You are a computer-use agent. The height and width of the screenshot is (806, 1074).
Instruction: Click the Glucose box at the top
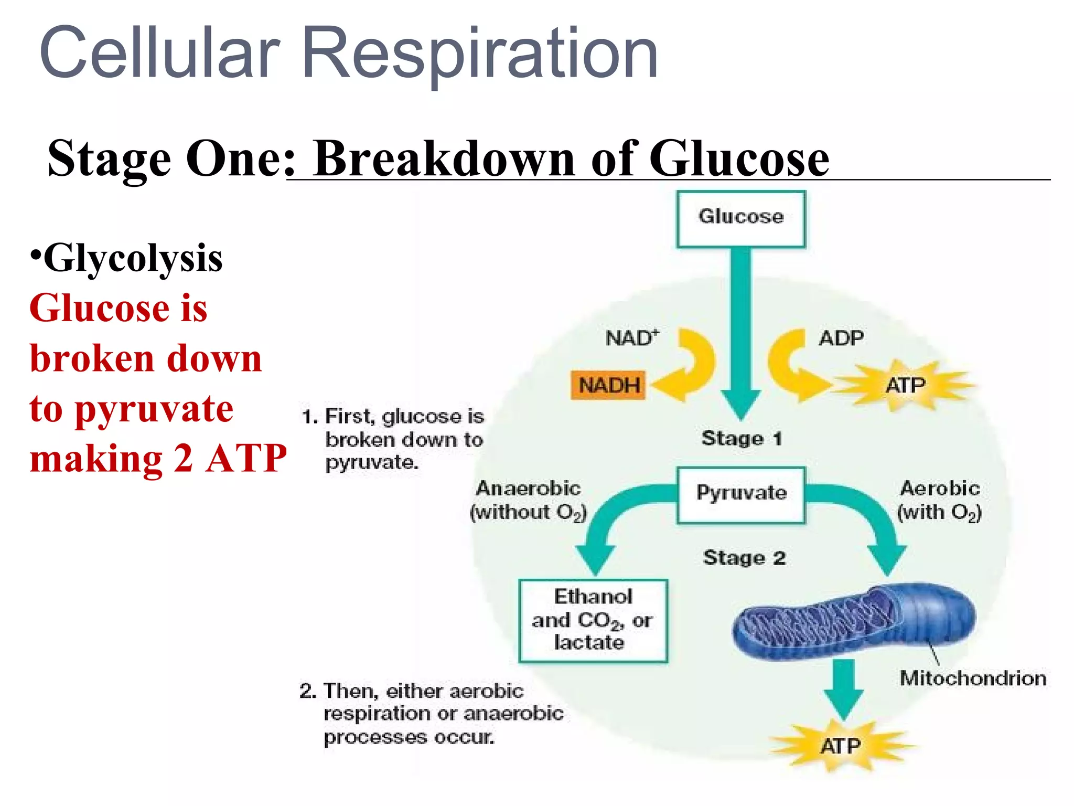740,218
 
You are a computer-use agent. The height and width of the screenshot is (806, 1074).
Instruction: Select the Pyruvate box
741,494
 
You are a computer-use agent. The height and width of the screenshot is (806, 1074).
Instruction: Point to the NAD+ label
631,338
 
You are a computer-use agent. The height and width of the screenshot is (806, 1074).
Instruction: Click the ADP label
841,338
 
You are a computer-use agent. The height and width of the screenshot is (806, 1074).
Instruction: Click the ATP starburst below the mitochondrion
840,746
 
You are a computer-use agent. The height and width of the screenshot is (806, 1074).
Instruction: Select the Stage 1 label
741,438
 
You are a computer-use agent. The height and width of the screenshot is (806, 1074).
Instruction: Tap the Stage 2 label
744,557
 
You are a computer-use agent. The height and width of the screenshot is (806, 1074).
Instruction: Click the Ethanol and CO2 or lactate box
593,621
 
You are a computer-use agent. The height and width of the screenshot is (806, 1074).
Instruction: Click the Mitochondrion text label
973,678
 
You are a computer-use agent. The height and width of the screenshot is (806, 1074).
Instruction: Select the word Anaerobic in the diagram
528,489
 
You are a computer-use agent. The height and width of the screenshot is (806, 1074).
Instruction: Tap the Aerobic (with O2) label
939,500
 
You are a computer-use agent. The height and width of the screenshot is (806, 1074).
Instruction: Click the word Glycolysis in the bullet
133,259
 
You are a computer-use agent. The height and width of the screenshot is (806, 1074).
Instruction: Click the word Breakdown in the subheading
444,158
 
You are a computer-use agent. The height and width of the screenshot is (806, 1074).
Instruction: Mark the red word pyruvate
154,410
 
